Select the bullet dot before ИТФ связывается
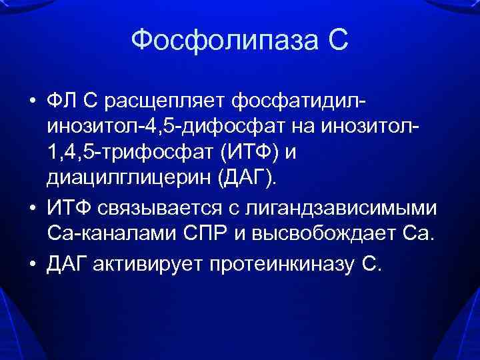pyautogui.click(x=32, y=209)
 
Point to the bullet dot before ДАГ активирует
pyautogui.click(x=32, y=263)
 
